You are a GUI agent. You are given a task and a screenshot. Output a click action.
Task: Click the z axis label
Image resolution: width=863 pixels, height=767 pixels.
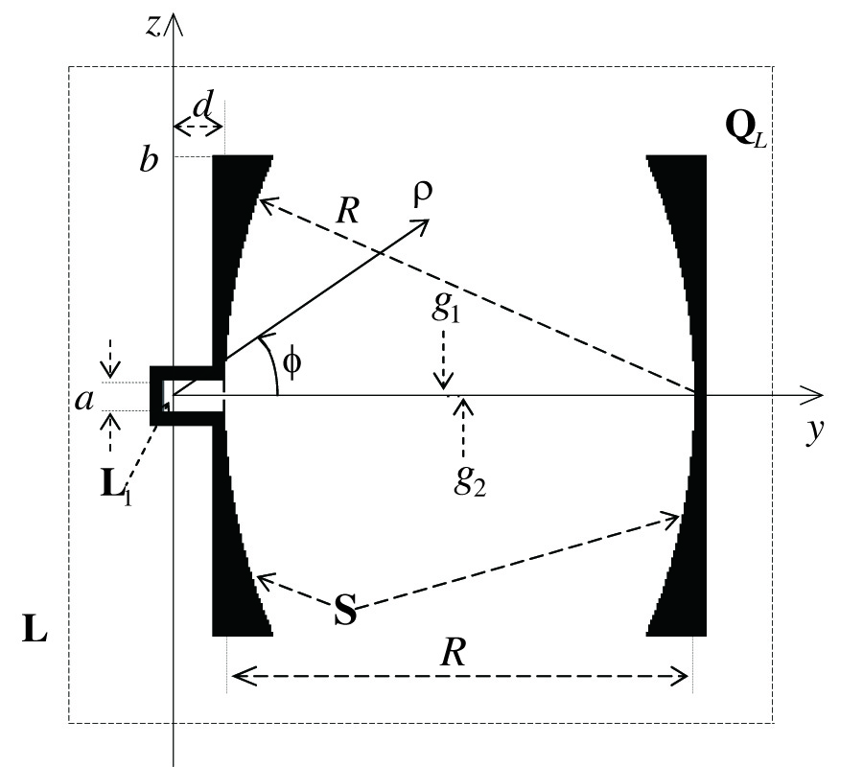coord(152,26)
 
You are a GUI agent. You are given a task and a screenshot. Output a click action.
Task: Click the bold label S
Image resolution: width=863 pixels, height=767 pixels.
coord(344,611)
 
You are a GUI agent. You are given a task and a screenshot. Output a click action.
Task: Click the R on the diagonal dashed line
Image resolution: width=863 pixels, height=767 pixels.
coord(349,210)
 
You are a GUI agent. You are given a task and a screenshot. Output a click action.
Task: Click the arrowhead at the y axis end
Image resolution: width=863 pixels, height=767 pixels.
coord(815,394)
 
